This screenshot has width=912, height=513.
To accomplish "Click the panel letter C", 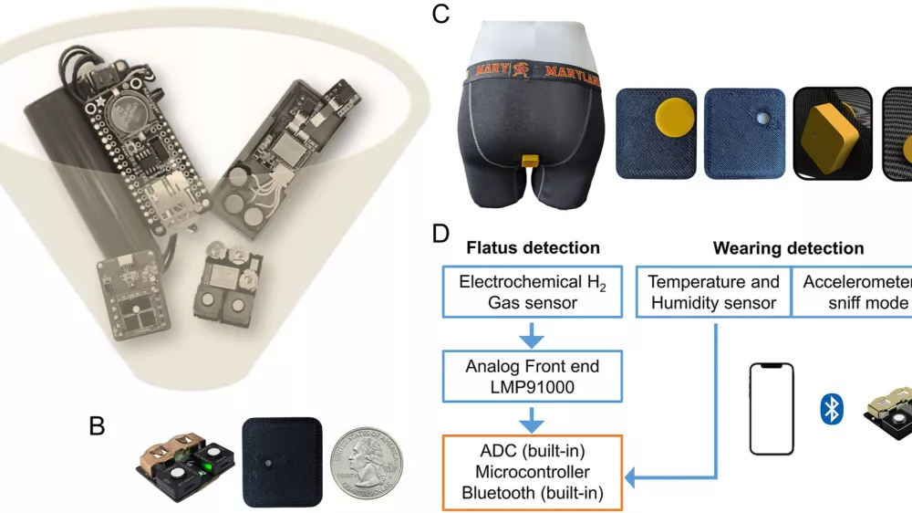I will point(440,16).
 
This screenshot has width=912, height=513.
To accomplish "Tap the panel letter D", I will point(440,233).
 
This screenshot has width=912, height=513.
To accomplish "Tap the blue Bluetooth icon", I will point(831,410).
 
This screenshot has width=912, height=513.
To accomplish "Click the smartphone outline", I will point(771,408).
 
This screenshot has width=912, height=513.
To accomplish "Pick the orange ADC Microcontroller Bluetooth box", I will point(532,471).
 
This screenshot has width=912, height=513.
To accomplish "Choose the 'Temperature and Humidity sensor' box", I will point(713,292).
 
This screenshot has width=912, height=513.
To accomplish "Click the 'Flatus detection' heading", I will point(533,247).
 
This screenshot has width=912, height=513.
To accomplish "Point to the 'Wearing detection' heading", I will point(788,247).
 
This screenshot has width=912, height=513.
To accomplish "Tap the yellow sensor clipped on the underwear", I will point(529,161).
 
